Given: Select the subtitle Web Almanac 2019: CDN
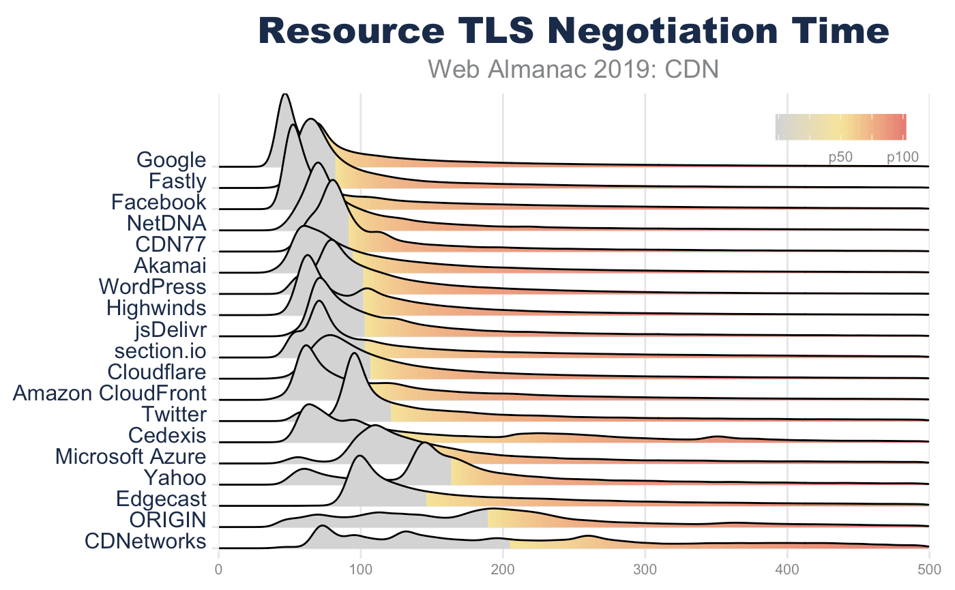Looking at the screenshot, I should (573, 69).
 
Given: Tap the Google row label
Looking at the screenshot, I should (171, 161).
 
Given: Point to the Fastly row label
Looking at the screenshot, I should (177, 182).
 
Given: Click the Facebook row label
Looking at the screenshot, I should (158, 203).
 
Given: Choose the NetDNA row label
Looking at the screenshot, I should (166, 224).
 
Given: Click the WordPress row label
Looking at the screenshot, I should (152, 286).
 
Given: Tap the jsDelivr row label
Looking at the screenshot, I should (171, 329).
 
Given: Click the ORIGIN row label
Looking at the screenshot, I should (168, 520).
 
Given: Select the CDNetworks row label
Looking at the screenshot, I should (145, 541).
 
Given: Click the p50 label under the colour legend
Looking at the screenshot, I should (840, 158).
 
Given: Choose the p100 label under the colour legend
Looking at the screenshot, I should (902, 158).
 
